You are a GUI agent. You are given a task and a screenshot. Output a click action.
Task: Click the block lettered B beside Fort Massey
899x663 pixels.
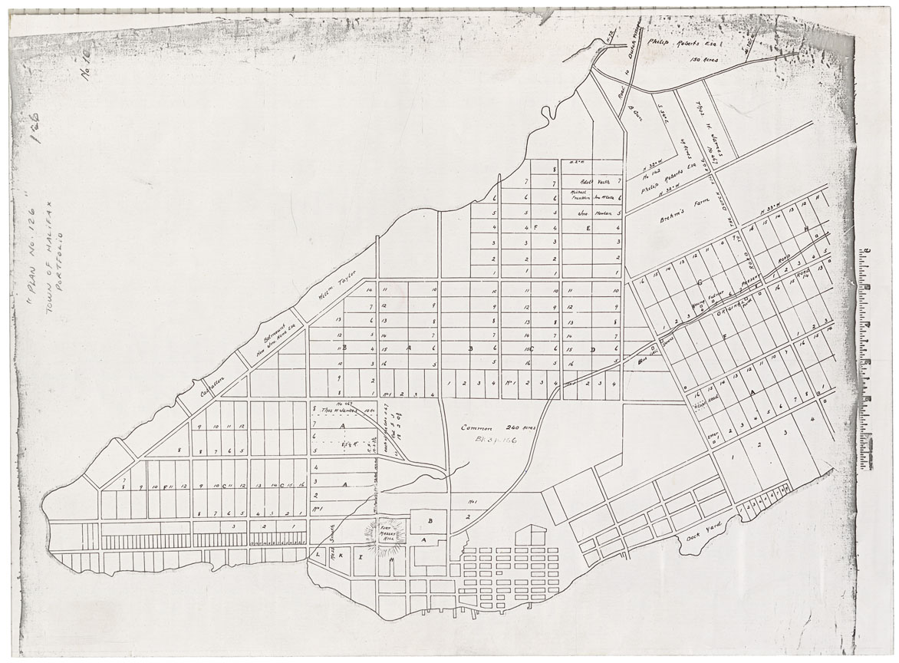click(430, 520)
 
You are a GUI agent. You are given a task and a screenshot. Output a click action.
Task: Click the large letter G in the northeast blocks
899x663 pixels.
click(700, 282)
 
